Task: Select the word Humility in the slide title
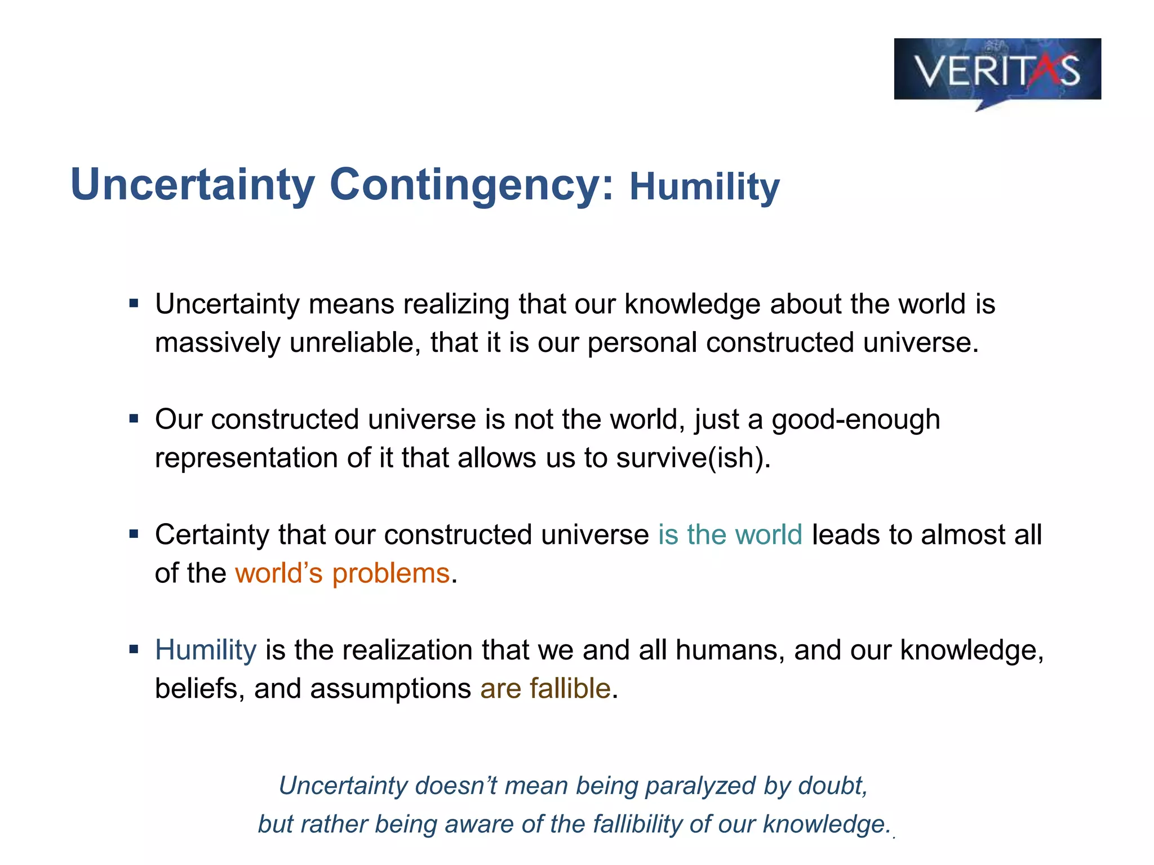click(704, 187)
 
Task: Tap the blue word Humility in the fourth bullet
click(206, 650)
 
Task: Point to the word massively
click(218, 343)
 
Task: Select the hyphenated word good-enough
click(855, 420)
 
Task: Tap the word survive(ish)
click(693, 458)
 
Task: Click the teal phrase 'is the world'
click(730, 535)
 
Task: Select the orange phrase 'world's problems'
click(342, 573)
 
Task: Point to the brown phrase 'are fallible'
click(545, 688)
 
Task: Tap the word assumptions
click(390, 689)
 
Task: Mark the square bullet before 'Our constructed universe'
click(134, 419)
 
